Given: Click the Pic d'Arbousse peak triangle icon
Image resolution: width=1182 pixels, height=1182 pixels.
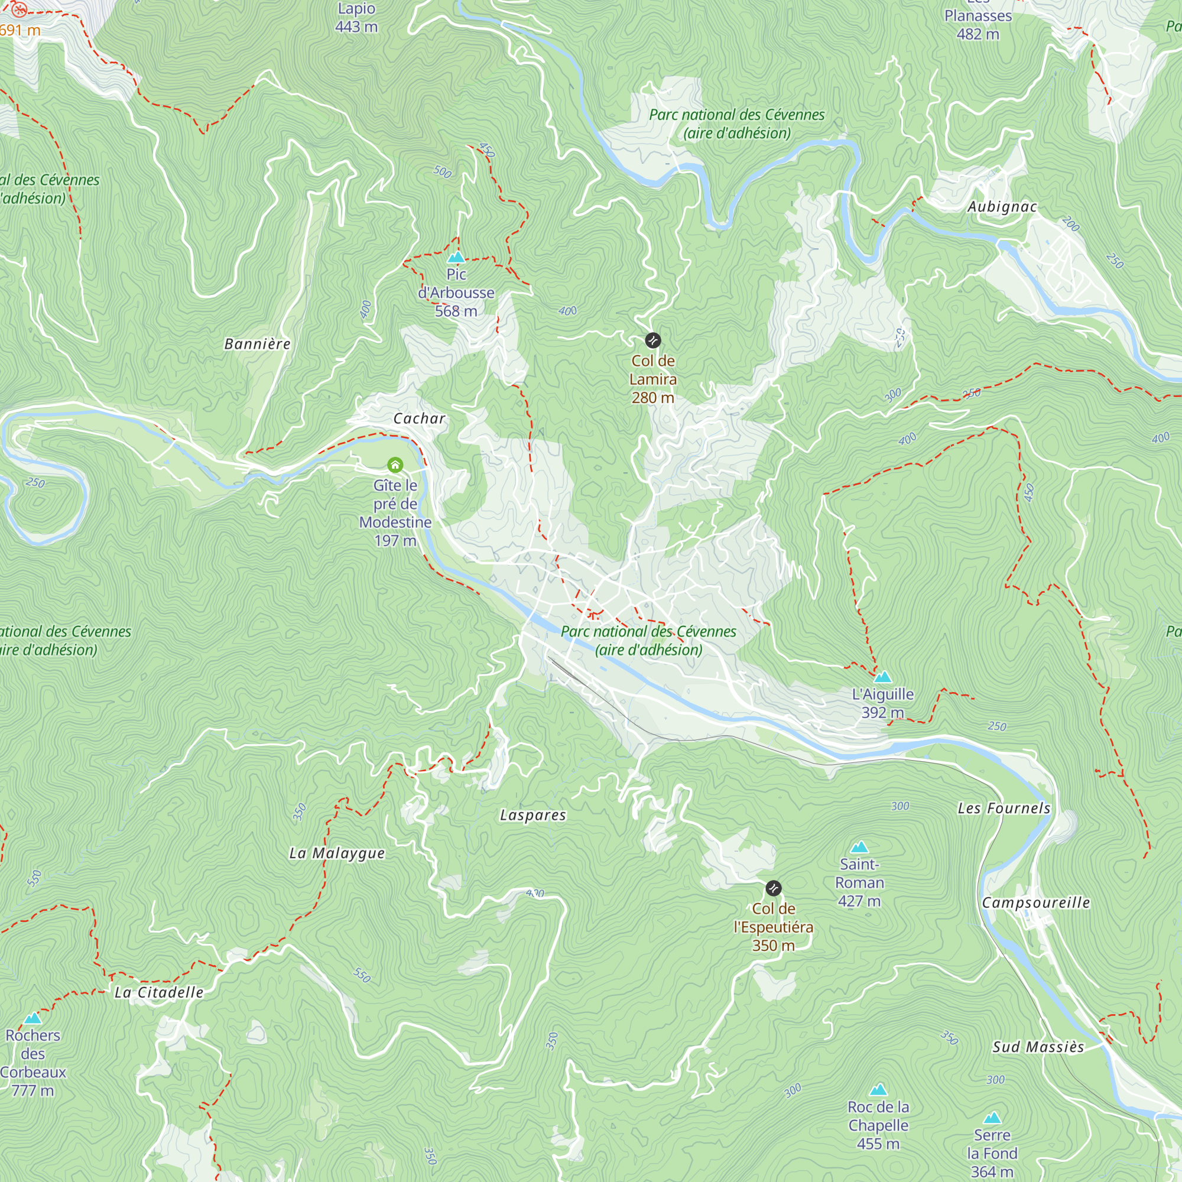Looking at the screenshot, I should click(456, 258).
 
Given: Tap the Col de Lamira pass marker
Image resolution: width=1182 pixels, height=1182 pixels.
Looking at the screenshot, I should click(653, 340).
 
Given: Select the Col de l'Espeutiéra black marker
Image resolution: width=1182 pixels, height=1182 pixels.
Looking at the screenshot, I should click(773, 888).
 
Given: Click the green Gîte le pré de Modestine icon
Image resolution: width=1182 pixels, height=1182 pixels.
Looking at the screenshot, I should click(395, 466).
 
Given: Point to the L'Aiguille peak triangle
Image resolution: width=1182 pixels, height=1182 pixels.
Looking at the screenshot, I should click(882, 677).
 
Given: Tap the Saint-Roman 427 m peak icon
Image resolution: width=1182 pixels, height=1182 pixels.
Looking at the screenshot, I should click(859, 847).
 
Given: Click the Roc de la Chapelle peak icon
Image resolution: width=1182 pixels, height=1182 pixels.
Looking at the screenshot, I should click(879, 1090).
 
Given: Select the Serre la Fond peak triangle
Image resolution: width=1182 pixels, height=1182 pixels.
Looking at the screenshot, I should click(992, 1118).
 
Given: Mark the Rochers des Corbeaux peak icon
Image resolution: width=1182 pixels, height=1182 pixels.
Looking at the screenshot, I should click(33, 1018).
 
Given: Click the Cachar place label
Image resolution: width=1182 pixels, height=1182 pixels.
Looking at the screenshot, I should click(419, 418).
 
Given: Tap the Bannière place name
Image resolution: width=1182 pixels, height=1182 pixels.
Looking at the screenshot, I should click(257, 344).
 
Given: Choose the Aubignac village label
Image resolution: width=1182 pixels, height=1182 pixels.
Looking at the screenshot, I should click(1002, 207).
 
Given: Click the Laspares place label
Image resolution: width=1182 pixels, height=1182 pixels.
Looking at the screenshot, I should click(533, 815).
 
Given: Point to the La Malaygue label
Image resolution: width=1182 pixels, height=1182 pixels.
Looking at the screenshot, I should click(337, 853).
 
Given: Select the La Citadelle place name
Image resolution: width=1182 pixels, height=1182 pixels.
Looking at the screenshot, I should click(159, 992).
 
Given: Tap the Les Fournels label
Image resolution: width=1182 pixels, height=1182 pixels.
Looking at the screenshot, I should click(1004, 808).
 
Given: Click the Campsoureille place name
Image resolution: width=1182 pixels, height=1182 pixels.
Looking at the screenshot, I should click(1036, 902).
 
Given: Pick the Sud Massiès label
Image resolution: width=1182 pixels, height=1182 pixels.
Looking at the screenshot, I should click(1038, 1047).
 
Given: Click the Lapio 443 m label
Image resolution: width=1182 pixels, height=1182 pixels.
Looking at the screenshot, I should click(357, 18).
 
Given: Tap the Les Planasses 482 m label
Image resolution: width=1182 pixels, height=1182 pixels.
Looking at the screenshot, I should click(978, 24).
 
